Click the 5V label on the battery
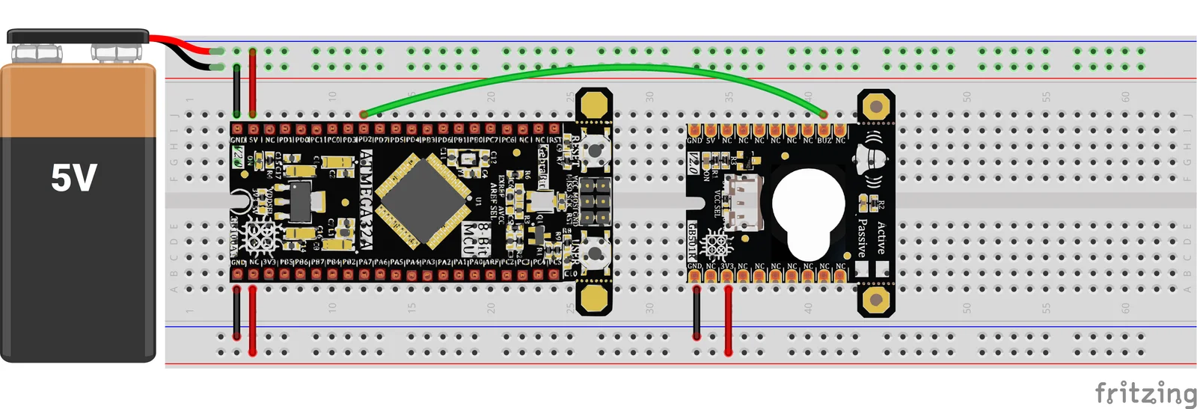74,178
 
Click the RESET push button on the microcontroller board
595,150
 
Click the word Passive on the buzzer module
862,238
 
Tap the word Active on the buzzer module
881,238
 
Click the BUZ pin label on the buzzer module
824,140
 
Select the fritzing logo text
1145,393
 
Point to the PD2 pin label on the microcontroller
364,140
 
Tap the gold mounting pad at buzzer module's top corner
875,106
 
